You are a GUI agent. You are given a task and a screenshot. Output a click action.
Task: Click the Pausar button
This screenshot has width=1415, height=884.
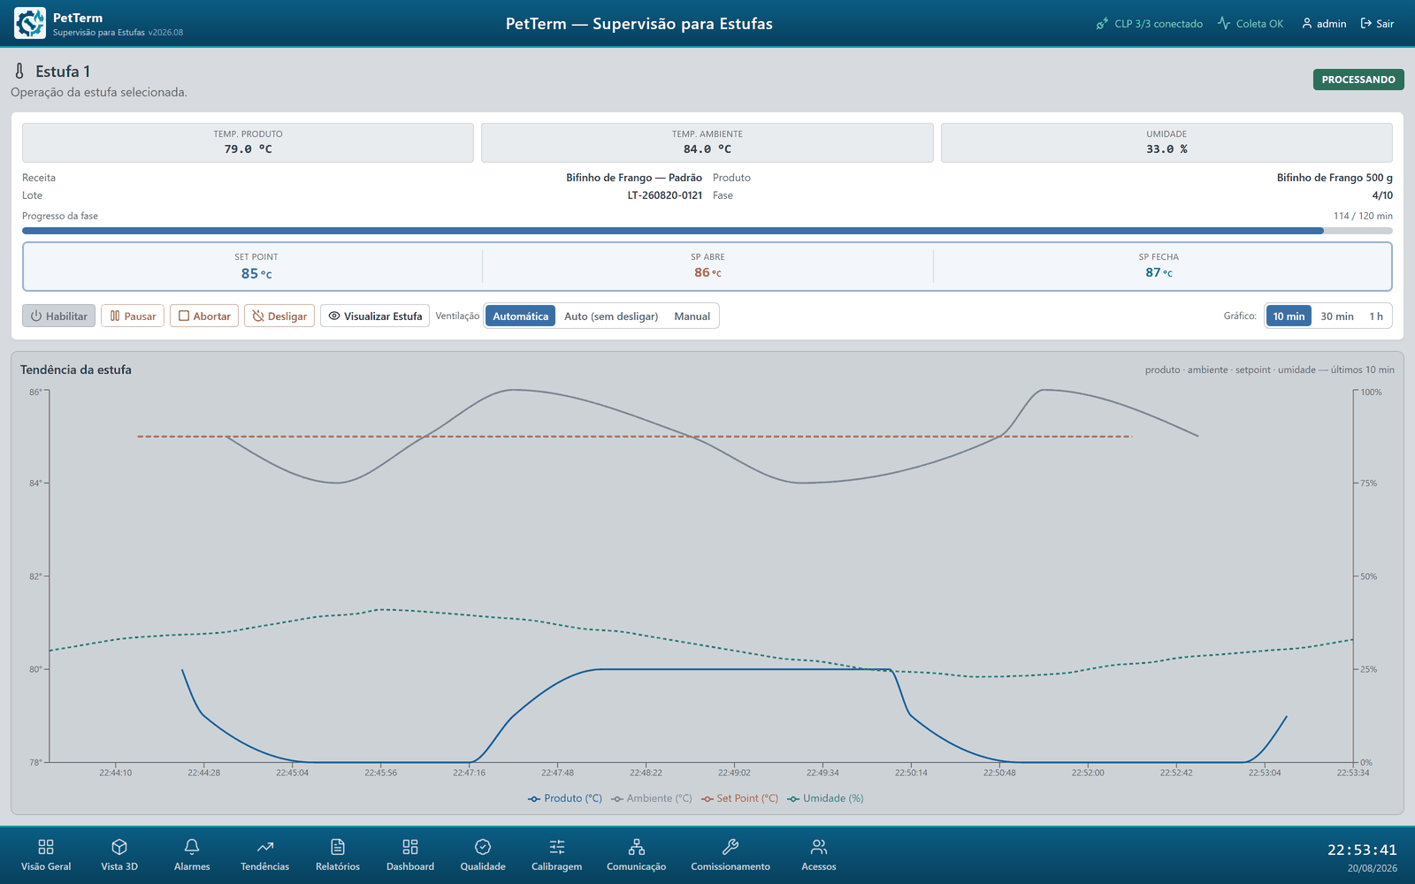tap(133, 316)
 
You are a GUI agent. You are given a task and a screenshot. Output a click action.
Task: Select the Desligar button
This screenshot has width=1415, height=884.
tap(279, 316)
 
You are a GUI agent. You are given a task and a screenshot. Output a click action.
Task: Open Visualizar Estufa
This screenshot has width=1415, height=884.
tap(375, 316)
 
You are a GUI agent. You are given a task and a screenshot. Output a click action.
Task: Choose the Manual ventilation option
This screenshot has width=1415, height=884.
tap(692, 316)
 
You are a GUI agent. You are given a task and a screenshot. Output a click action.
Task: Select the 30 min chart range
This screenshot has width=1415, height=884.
tap(1336, 316)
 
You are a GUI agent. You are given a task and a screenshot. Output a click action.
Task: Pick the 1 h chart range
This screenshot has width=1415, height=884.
tap(1376, 316)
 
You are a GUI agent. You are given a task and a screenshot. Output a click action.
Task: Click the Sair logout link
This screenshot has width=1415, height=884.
tap(1377, 23)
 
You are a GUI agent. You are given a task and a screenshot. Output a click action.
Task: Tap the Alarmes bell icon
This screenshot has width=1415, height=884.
tap(192, 846)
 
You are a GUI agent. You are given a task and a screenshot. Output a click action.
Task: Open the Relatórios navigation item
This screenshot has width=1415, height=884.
tap(337, 855)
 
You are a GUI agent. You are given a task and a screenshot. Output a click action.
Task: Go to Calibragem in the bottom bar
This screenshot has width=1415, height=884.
tap(556, 855)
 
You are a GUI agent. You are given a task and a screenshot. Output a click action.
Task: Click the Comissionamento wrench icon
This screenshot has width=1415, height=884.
tap(730, 846)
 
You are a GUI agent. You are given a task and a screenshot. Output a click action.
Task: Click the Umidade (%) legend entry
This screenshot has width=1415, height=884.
tap(825, 798)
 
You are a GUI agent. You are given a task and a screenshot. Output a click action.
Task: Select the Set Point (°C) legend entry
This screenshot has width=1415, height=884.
tap(739, 798)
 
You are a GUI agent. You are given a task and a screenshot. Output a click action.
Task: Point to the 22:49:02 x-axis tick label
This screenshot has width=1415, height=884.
tap(734, 773)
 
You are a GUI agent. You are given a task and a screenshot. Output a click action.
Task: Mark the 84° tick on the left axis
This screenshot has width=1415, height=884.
tap(35, 483)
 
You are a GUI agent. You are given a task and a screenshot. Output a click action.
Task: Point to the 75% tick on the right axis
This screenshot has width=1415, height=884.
tap(1368, 483)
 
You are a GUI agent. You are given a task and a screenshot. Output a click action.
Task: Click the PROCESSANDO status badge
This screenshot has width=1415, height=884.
tap(1358, 80)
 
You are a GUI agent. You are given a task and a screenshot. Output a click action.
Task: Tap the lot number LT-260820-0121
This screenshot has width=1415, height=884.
tap(664, 195)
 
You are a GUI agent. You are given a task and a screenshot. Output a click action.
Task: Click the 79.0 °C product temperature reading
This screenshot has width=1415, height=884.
tap(248, 149)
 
